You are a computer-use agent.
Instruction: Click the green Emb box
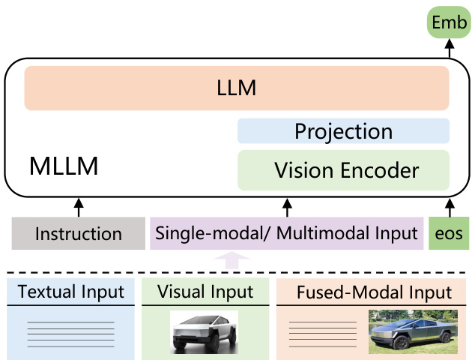449,22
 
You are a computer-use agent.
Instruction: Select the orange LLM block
237,88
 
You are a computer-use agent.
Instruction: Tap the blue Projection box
343,132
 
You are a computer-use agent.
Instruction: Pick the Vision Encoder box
343,170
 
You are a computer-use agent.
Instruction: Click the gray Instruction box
78,233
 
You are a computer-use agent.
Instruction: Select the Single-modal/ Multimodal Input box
286,233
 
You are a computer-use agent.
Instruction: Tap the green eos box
449,233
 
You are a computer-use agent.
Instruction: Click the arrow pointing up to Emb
449,49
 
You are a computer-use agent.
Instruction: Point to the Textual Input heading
71,292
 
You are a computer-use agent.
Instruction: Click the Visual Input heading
205,292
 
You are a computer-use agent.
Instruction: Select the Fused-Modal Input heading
374,292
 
